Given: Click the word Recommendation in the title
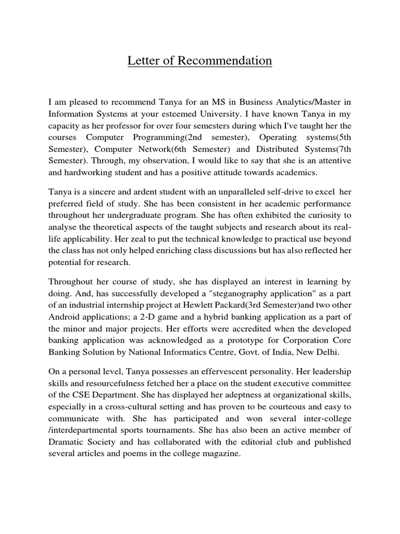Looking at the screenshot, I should pos(225,62).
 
